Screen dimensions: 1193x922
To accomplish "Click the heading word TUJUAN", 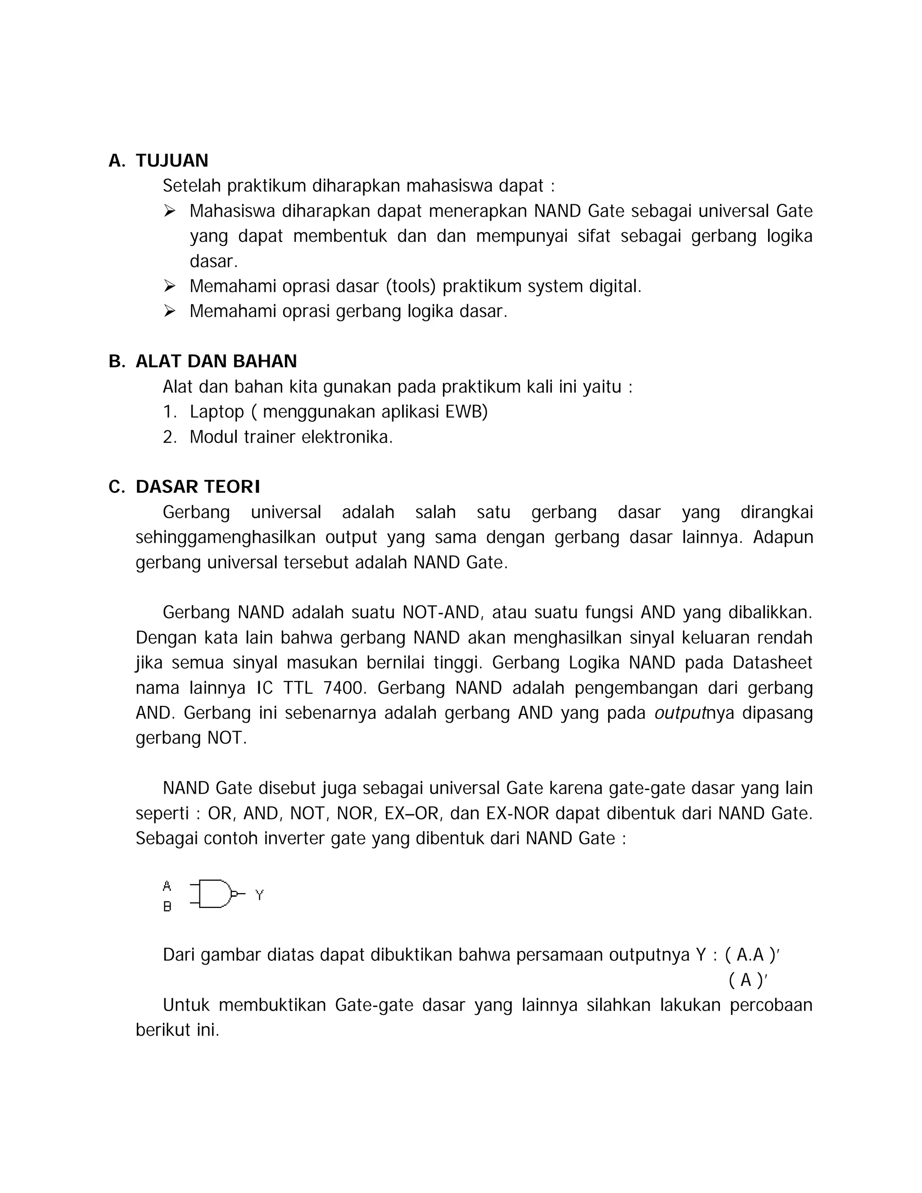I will tap(172, 161).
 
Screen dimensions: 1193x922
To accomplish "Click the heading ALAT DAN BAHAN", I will tap(216, 361).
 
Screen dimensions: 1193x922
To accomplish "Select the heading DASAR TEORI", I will tap(198, 487).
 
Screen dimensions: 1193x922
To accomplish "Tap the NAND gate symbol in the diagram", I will tap(215, 894).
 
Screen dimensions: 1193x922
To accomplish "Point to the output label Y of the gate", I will tap(259, 895).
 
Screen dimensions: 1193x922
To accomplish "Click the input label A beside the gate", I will tap(167, 886).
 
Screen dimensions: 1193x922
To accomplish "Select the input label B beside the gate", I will tap(167, 907).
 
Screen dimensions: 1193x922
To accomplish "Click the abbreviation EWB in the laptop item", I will tap(464, 411).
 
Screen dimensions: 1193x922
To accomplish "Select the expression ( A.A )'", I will tap(752, 955).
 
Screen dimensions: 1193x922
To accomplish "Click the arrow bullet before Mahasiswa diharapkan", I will tap(169, 211).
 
